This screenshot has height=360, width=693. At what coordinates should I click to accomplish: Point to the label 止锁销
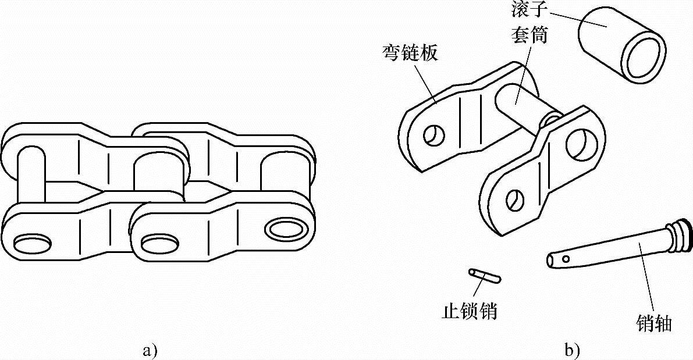tap(470, 312)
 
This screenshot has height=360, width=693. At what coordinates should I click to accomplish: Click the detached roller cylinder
tap(605, 35)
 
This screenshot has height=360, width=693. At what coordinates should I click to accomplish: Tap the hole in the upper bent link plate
tap(433, 136)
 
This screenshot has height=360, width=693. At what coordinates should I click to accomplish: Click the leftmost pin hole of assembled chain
tap(29, 240)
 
